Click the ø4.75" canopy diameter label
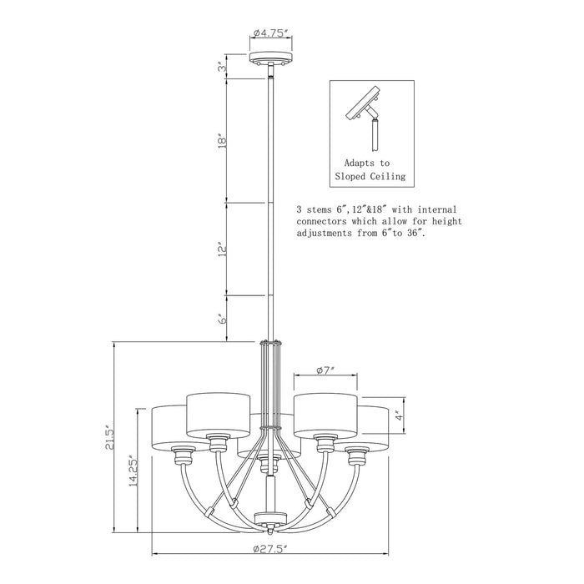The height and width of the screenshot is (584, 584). (271, 33)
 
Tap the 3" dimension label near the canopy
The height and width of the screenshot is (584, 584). (222, 67)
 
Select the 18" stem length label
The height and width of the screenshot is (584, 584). (222, 141)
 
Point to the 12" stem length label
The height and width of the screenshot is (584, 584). (223, 250)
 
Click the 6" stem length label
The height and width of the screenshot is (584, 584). (223, 320)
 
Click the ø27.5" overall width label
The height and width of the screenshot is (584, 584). (270, 548)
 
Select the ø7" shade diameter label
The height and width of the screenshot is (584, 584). (325, 370)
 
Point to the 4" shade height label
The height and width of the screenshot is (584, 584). (400, 415)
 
